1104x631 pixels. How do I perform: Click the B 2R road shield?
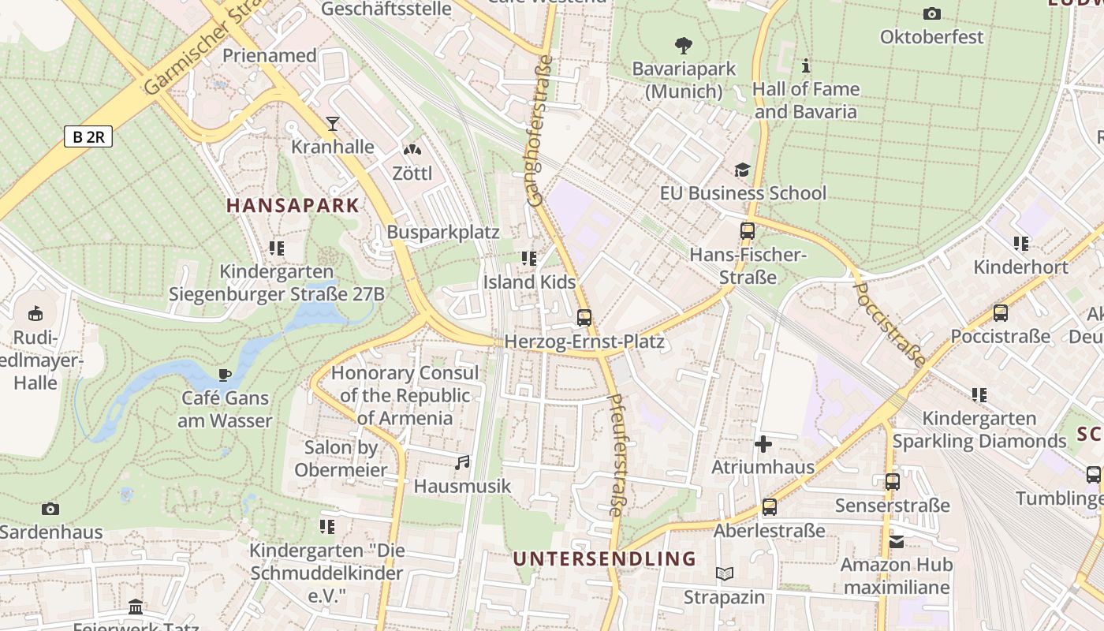point(88,136)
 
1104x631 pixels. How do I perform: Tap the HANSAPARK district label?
point(293,206)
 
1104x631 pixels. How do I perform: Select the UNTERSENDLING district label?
point(605,559)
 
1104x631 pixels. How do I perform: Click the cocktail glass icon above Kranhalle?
point(333,124)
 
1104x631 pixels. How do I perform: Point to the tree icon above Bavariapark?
point(684,46)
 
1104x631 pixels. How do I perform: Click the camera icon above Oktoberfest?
point(931,13)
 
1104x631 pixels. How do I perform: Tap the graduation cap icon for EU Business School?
point(742,170)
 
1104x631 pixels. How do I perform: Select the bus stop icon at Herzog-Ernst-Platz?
point(584,318)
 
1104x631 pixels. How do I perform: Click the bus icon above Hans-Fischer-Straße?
point(748,231)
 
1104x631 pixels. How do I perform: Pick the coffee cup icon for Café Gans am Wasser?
point(225,375)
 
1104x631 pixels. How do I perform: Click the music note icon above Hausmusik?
point(462,462)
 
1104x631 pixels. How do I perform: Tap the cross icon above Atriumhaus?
point(763,444)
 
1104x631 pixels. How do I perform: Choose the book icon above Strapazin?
point(724,573)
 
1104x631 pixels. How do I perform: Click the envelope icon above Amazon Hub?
point(897,542)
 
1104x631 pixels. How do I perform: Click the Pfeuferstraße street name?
point(615,455)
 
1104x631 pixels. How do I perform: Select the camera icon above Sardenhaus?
point(50,509)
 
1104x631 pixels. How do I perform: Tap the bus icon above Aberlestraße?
point(769,507)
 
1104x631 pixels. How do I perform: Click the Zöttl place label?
point(412,173)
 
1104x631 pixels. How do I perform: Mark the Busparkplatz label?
point(442,232)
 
